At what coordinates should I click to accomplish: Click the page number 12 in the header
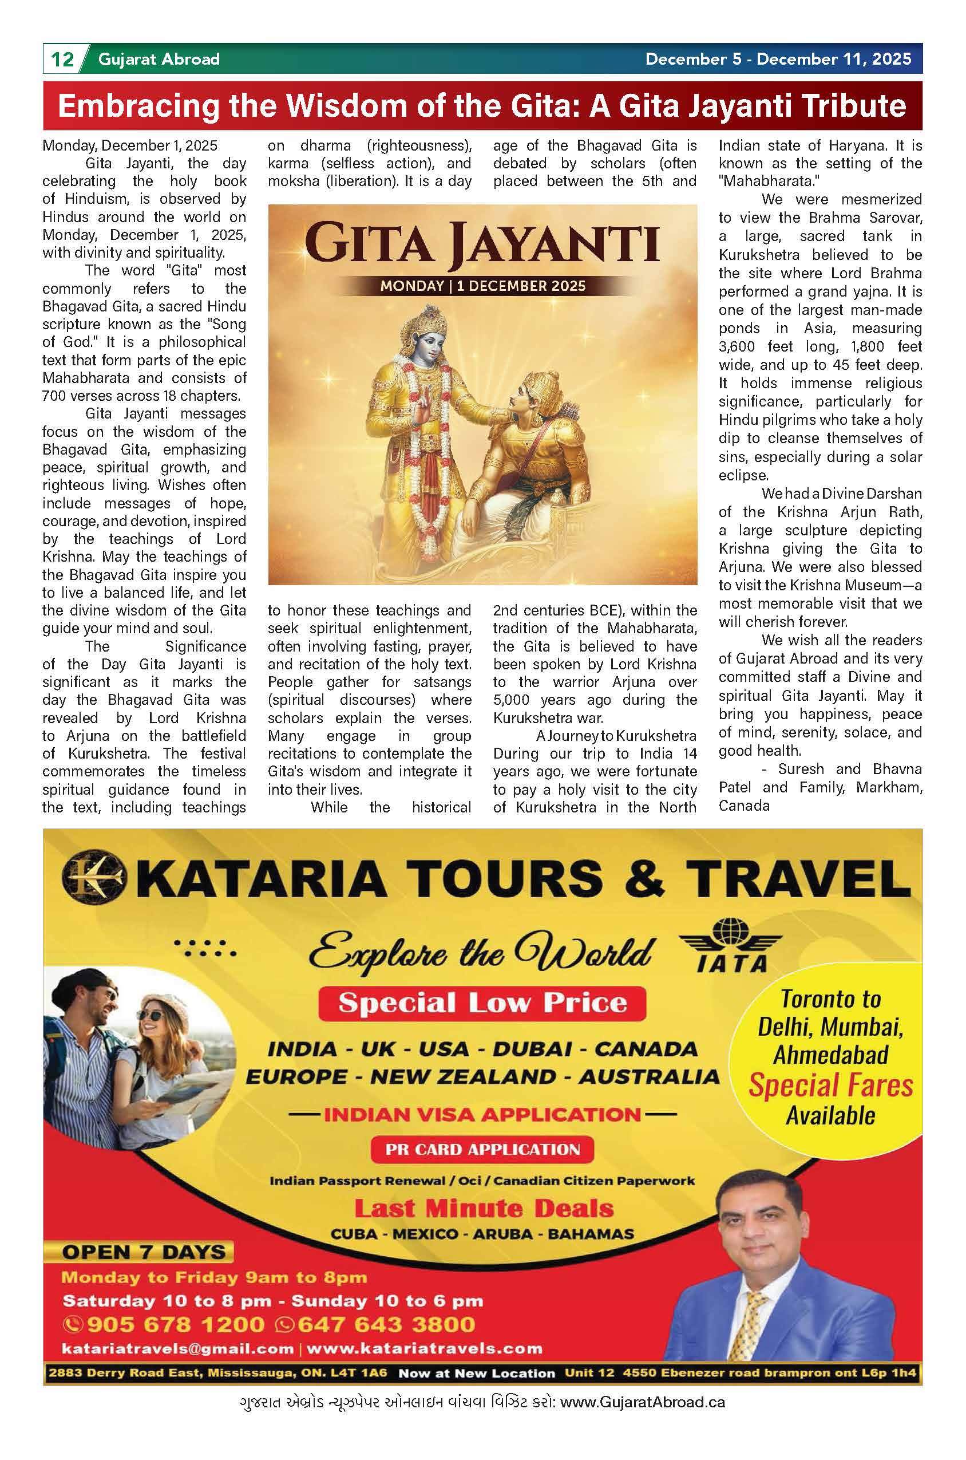[x=62, y=59]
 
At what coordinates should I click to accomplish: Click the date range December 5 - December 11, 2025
[x=778, y=59]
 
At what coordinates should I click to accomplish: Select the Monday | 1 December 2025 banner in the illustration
[x=482, y=286]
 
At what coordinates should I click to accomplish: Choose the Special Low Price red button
[x=482, y=1003]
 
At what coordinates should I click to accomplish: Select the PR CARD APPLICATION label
[x=482, y=1149]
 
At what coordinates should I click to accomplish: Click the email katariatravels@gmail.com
[x=177, y=1348]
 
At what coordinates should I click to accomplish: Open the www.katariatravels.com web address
[x=425, y=1348]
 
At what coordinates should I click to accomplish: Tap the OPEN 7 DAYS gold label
[x=144, y=1252]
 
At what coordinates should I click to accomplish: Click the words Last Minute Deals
[x=484, y=1209]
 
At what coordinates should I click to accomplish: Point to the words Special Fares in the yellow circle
[x=830, y=1086]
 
